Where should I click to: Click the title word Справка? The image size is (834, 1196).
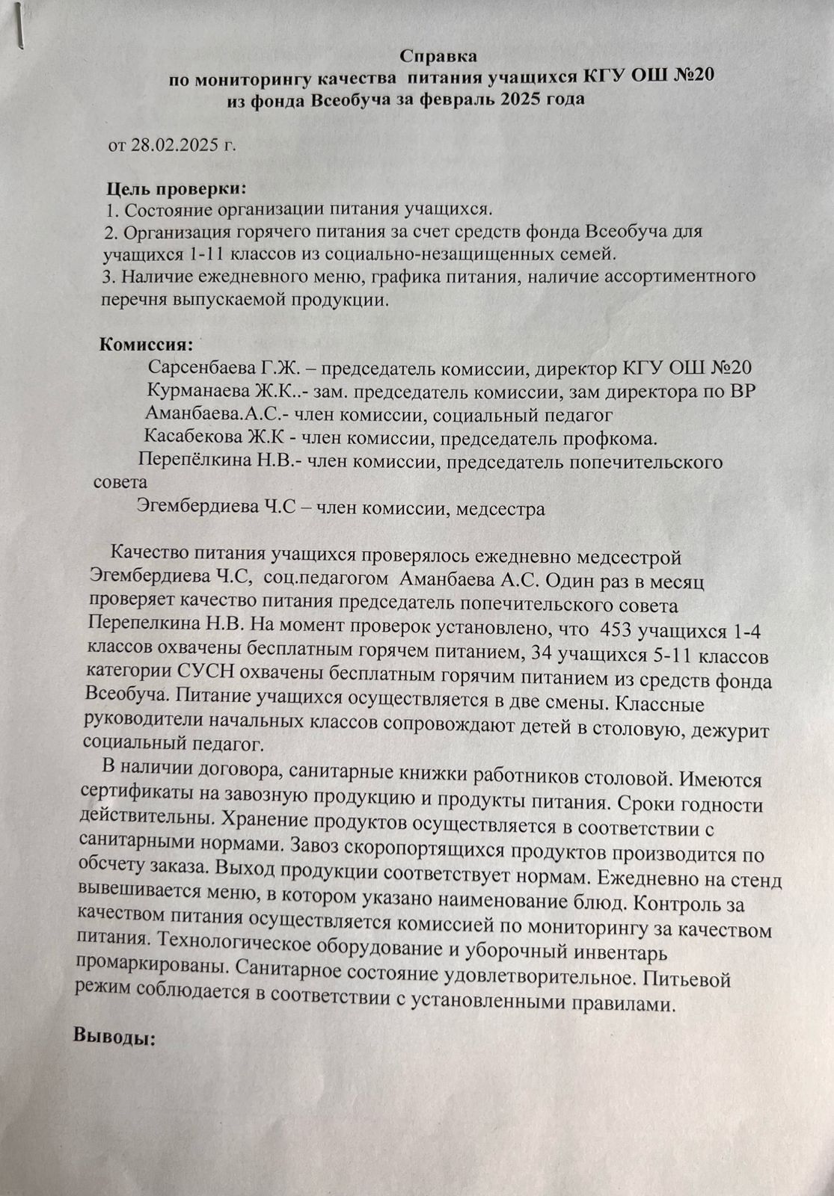[x=438, y=56]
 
